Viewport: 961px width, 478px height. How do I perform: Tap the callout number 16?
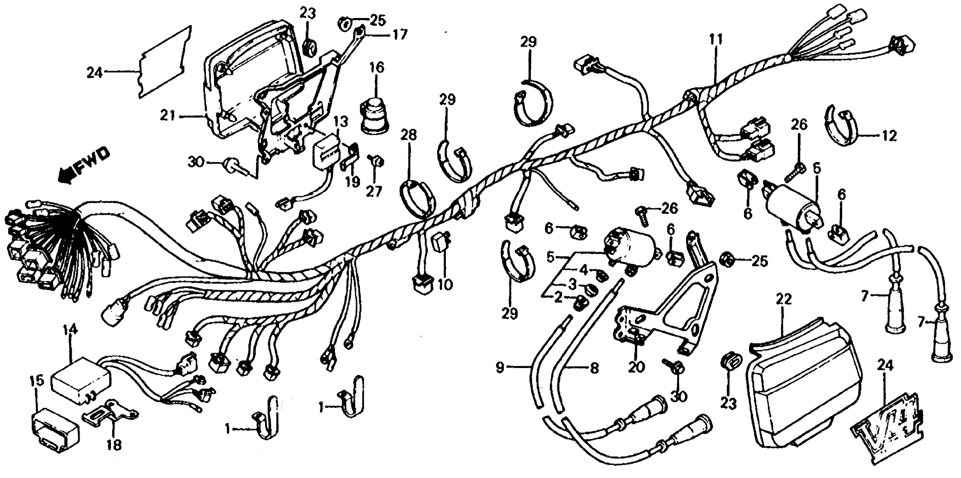coord(376,68)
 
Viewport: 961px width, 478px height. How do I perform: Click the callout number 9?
coord(500,368)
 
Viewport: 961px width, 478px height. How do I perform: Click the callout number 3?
coord(572,285)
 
